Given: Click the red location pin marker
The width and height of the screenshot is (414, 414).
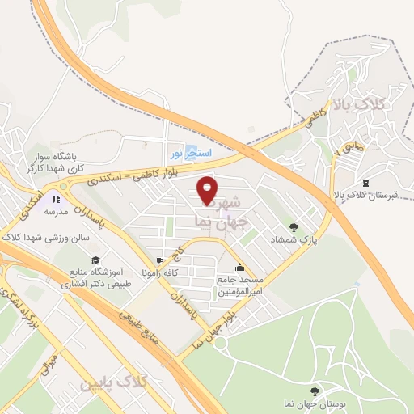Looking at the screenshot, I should [x=208, y=191].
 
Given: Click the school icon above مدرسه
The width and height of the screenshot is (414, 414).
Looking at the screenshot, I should [x=56, y=199].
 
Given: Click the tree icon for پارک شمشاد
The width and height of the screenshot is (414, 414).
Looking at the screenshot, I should [x=293, y=227].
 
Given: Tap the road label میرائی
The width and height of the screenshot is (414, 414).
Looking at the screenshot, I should [x=49, y=364].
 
